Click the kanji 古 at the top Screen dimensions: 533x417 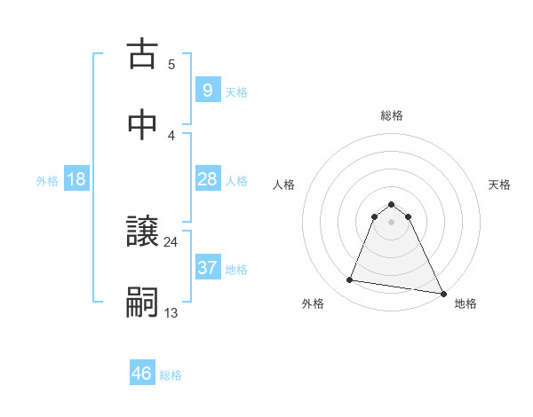pyautogui.click(x=143, y=55)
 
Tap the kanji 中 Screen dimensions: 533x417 pyautogui.click(x=143, y=126)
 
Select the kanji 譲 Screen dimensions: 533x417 pyautogui.click(x=143, y=232)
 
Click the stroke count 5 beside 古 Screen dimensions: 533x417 pyautogui.click(x=171, y=64)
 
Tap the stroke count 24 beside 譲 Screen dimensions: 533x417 pyautogui.click(x=171, y=241)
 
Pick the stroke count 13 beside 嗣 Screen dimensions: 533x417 pyautogui.click(x=171, y=312)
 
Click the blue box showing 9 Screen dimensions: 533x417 pyautogui.click(x=207, y=90)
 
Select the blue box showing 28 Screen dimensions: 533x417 pyautogui.click(x=207, y=179)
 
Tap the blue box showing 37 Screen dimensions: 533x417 pyautogui.click(x=207, y=268)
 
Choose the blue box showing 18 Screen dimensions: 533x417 pyautogui.click(x=76, y=179)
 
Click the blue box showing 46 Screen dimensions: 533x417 pyautogui.click(x=142, y=374)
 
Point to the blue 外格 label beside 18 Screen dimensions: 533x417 pyautogui.click(x=47, y=181)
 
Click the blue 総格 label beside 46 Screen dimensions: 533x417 pyautogui.click(x=171, y=375)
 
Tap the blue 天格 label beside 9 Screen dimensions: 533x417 pyautogui.click(x=236, y=92)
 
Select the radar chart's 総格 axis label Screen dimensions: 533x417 pyautogui.click(x=392, y=115)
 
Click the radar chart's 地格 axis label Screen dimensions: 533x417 pyautogui.click(x=465, y=303)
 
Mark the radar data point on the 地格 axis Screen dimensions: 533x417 pyautogui.click(x=442, y=292)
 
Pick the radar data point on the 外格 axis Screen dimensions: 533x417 pyautogui.click(x=350, y=280)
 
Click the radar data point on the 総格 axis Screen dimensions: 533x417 pyautogui.click(x=392, y=202)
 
